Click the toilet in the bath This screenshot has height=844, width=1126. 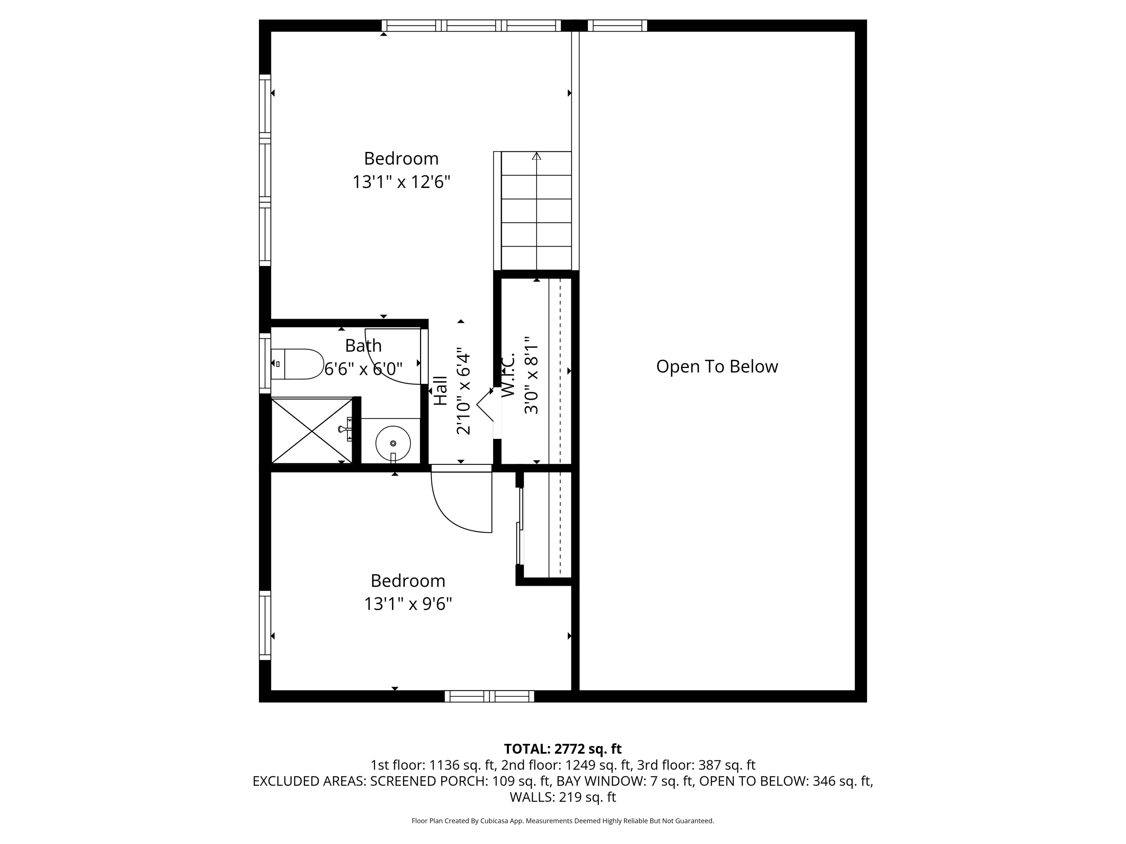coord(297,364)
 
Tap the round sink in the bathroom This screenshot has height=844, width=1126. coord(393,443)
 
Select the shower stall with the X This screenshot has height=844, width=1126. coord(312,431)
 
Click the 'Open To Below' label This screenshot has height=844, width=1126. coord(717,366)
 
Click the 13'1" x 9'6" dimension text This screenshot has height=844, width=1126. coord(408,604)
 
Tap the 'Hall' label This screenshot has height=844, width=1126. coord(440,391)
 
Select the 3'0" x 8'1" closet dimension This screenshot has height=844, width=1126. coord(531,375)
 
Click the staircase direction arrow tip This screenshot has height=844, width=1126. coord(536,153)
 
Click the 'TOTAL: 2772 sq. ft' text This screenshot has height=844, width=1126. coord(563,749)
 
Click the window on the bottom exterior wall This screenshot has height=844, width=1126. coord(489,697)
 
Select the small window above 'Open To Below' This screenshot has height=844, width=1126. coord(617,26)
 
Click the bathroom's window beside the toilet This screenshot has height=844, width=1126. coord(265,363)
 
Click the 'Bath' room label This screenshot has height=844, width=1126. coord(363,345)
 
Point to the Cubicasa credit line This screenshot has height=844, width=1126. coord(563,821)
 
